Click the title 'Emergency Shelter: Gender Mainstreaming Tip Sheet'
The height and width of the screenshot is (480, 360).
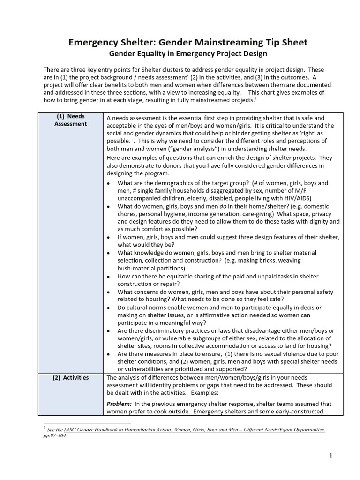[188, 43]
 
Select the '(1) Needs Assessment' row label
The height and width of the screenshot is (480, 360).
[70, 120]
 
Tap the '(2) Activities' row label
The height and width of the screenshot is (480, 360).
[70, 378]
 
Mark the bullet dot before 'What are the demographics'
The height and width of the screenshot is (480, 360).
[108, 183]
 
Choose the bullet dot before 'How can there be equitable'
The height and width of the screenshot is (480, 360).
[108, 277]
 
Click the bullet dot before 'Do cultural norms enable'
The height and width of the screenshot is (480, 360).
[108, 307]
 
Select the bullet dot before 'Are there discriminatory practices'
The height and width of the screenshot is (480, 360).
[108, 331]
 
